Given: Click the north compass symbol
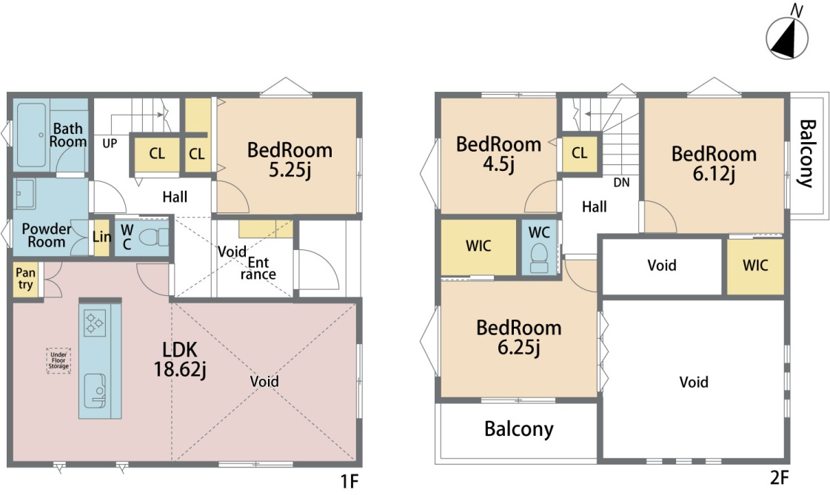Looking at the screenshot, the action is tap(787, 38).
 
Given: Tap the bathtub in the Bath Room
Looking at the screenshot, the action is tap(32, 135).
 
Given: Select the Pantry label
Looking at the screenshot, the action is tap(25, 279).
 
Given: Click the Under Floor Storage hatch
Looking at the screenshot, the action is tap(58, 360).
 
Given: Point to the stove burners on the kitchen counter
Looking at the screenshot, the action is tap(95, 323).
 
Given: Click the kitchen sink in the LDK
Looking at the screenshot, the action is tap(95, 391).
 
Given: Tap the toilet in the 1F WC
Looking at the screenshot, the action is tap(153, 237).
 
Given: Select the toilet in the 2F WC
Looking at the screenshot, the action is tap(540, 257).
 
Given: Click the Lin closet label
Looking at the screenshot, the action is tap(101, 236).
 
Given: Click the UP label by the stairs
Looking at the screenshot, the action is tap(110, 144).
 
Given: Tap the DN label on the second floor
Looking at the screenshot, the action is tap(621, 183).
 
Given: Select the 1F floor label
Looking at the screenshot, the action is tap(349, 481).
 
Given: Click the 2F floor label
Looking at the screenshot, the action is tap(779, 477).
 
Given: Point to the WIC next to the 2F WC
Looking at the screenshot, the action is tap(478, 247).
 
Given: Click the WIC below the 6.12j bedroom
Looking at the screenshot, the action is tap(755, 266).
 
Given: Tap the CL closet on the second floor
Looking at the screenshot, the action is tap(580, 153).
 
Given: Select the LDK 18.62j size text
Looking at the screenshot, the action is tap(179, 369).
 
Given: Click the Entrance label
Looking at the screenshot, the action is tap(258, 268).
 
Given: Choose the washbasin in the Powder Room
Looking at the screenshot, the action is tap(25, 194).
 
